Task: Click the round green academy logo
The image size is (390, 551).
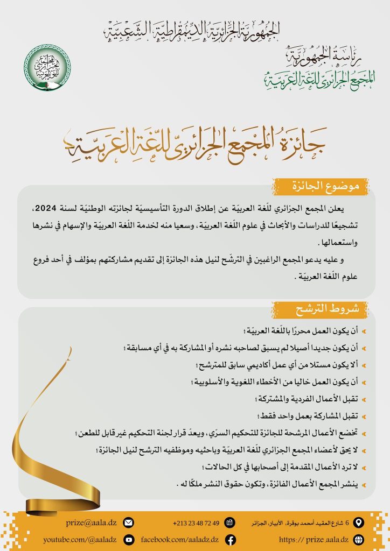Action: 47,67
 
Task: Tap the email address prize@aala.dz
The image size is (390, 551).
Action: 92,522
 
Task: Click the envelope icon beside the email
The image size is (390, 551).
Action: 128,522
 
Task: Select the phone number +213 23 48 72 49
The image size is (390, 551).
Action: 196,523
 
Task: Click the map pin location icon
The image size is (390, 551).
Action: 359,522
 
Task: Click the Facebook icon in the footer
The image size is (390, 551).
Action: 230,539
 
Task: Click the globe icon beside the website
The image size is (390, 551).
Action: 359,539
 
